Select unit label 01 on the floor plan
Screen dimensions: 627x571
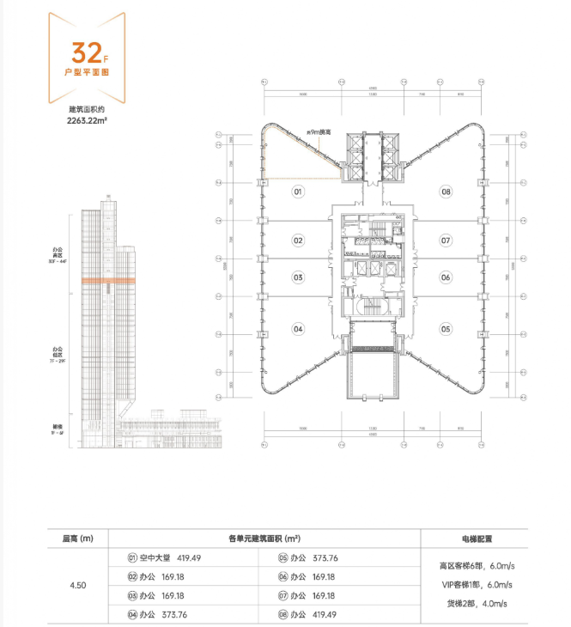click(x=298, y=192)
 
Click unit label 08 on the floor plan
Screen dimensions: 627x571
click(x=446, y=192)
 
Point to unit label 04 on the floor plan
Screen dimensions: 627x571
click(x=298, y=328)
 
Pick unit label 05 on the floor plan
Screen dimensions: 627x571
click(x=446, y=328)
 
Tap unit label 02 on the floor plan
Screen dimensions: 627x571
click(x=298, y=240)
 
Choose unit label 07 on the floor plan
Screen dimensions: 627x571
click(x=446, y=240)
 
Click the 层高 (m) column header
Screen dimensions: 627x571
click(x=78, y=539)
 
